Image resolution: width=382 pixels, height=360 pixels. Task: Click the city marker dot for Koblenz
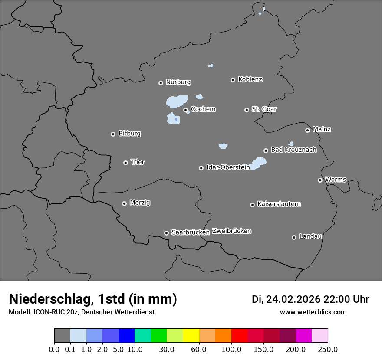click(233, 80)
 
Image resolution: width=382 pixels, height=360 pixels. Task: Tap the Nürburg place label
click(178, 82)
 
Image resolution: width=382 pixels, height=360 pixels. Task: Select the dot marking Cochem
click(185, 110)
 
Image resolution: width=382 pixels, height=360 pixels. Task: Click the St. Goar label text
click(264, 109)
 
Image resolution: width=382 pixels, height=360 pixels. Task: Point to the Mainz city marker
click(307, 130)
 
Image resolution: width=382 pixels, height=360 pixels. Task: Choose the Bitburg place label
click(129, 134)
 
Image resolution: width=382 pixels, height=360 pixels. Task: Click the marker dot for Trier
click(125, 163)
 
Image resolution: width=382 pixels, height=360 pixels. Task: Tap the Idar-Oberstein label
click(228, 167)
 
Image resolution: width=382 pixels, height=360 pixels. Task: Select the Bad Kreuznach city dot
click(266, 151)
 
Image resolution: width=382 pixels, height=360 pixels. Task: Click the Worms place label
click(336, 180)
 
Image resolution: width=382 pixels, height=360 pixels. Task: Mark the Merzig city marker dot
click(124, 203)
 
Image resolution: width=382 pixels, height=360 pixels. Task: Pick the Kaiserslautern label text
click(279, 204)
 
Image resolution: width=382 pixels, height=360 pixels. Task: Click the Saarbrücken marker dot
click(166, 233)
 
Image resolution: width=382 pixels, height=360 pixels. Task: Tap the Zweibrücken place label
click(231, 231)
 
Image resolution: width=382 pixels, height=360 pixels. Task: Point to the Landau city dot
click(294, 237)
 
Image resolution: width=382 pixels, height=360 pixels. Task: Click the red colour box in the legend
click(239, 336)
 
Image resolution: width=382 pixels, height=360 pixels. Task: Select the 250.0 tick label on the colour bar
click(328, 350)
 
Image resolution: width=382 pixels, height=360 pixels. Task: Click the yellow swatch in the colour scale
click(191, 336)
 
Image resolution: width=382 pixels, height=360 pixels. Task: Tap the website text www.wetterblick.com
click(313, 312)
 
